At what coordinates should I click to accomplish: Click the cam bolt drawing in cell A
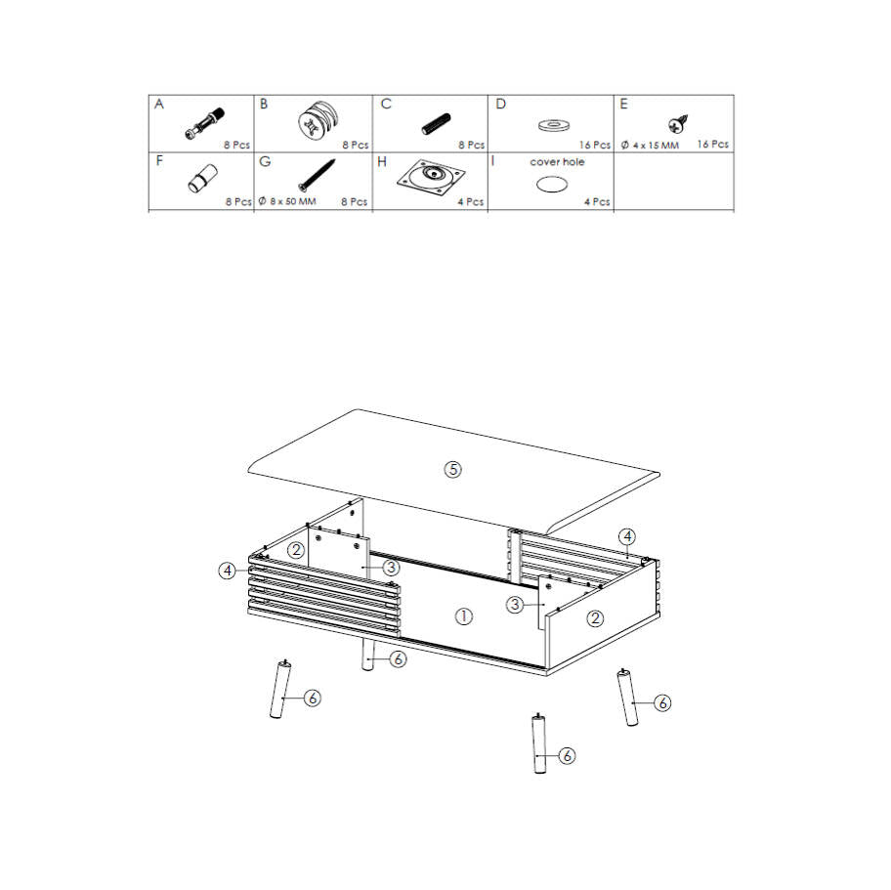point(204,123)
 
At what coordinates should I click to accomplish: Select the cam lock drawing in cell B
point(318,120)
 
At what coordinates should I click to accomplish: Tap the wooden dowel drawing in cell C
point(436,124)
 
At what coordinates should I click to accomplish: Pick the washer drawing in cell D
point(554,124)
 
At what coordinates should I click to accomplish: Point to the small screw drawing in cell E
point(678,123)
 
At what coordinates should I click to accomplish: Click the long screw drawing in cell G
point(317,176)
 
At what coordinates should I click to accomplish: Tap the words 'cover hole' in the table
point(557,162)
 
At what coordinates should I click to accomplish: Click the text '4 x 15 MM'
point(656,146)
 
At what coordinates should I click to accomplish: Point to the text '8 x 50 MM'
point(293,201)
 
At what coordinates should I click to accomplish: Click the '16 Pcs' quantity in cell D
point(595,145)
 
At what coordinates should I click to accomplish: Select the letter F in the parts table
point(159,161)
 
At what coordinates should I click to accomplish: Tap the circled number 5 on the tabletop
point(453,470)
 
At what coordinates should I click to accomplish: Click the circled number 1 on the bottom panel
point(464,616)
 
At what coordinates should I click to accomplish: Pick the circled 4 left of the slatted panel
point(228,570)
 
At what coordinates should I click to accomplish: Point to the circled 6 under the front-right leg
point(567,755)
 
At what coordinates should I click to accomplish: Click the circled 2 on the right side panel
point(595,618)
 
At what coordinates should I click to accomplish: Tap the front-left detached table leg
point(280,689)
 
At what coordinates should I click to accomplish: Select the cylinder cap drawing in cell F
point(203,179)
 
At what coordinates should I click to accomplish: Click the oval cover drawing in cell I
point(552,185)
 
